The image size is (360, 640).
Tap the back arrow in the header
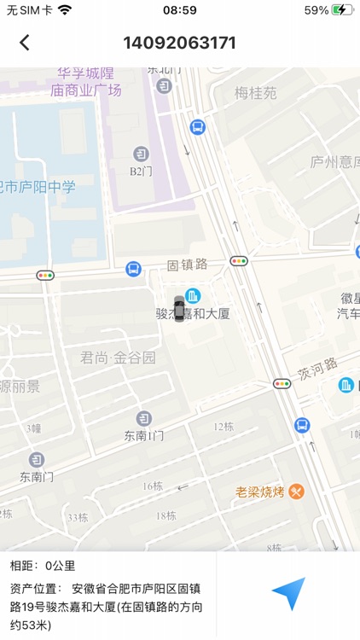pos(25,43)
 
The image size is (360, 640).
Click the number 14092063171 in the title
pos(180,43)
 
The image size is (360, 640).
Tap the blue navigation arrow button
pos(288,594)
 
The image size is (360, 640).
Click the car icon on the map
pos(178,306)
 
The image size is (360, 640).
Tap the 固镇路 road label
pos(188,265)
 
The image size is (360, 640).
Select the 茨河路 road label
pos(317,374)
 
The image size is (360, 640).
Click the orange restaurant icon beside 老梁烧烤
pos(296,492)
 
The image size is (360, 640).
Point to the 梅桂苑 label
pos(256,93)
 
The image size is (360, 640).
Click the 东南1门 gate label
pos(143,435)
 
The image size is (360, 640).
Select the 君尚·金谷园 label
pos(119,358)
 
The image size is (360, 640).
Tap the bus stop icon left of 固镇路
pos(133,269)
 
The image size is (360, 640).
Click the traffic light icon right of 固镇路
pos(239,261)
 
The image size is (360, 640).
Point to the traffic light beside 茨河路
pos(282,384)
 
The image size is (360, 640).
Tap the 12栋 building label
pos(224,427)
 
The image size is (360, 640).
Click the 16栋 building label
pos(153,486)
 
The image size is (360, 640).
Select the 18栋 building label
pos(165,515)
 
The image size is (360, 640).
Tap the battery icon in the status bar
pos(342,10)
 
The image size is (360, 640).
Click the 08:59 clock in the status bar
pos(179,10)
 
